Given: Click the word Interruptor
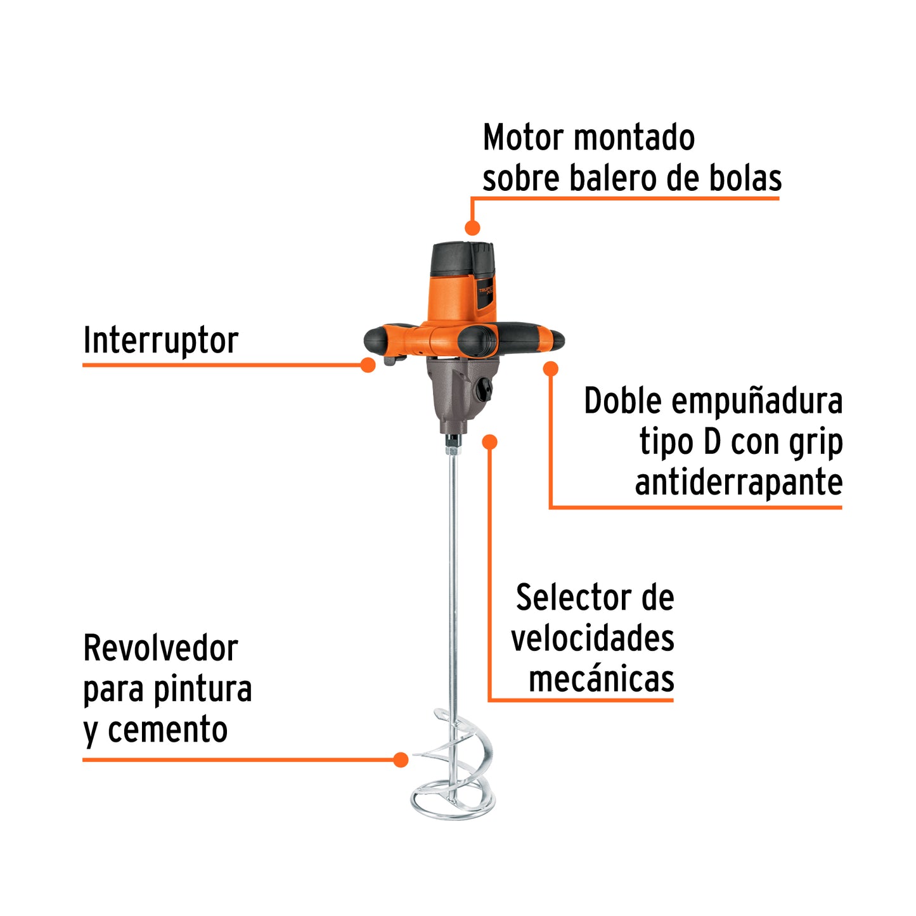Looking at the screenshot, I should pyautogui.click(x=160, y=341).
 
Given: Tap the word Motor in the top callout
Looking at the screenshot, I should pyautogui.click(x=523, y=138).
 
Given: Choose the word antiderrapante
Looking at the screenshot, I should pyautogui.click(x=739, y=482).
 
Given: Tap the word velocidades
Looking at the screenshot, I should pyautogui.click(x=593, y=638).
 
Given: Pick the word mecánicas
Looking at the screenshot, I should pyautogui.click(x=601, y=679).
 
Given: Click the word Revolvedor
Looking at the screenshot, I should pyautogui.click(x=160, y=648).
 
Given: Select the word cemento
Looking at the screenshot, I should pyautogui.click(x=167, y=730).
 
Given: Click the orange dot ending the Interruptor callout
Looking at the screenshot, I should pyautogui.click(x=368, y=365).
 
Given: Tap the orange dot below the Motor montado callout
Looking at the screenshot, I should pyautogui.click(x=472, y=228).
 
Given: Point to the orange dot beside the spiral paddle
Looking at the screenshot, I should pyautogui.click(x=401, y=759).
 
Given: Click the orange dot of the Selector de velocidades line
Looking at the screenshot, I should pyautogui.click(x=489, y=442).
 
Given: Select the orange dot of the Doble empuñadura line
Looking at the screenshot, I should pyautogui.click(x=551, y=368).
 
